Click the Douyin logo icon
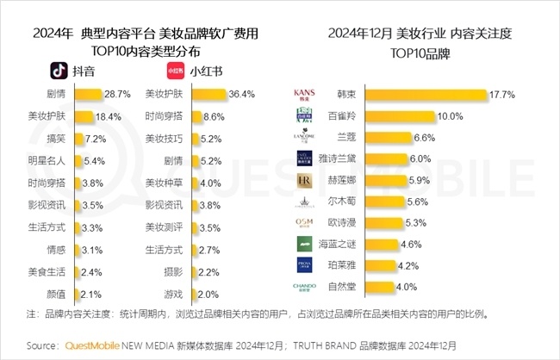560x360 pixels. (x=57, y=70)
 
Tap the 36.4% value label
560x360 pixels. (x=245, y=93)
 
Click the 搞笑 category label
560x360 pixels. (x=59, y=138)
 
